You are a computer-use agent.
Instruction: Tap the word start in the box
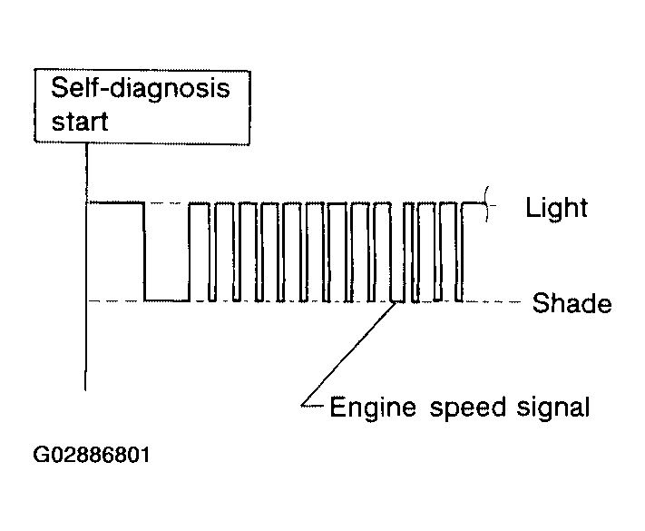tap(80, 122)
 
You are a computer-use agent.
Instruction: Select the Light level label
tap(557, 208)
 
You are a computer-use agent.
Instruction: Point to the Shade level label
tap(572, 303)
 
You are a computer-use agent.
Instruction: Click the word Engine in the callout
tap(373, 408)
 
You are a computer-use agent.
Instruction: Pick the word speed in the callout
tap(468, 408)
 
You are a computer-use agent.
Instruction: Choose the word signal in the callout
tap(553, 408)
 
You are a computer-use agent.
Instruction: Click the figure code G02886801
tap(92, 455)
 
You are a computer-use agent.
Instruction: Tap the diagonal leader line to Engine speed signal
tap(349, 353)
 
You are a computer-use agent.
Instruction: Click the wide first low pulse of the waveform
tap(167, 300)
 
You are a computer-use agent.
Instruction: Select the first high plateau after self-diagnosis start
tap(116, 202)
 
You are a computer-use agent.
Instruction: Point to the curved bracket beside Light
tap(487, 204)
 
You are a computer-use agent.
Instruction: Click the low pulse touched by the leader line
tap(397, 301)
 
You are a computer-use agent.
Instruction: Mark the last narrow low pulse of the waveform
tap(459, 300)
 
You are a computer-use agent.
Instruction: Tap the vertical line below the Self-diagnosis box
tap(86, 267)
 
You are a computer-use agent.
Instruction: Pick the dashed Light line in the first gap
tap(167, 202)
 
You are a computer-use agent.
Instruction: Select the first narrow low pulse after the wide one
tap(212, 300)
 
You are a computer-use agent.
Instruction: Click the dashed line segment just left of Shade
tap(493, 301)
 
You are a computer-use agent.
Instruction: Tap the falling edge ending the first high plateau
tap(144, 251)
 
